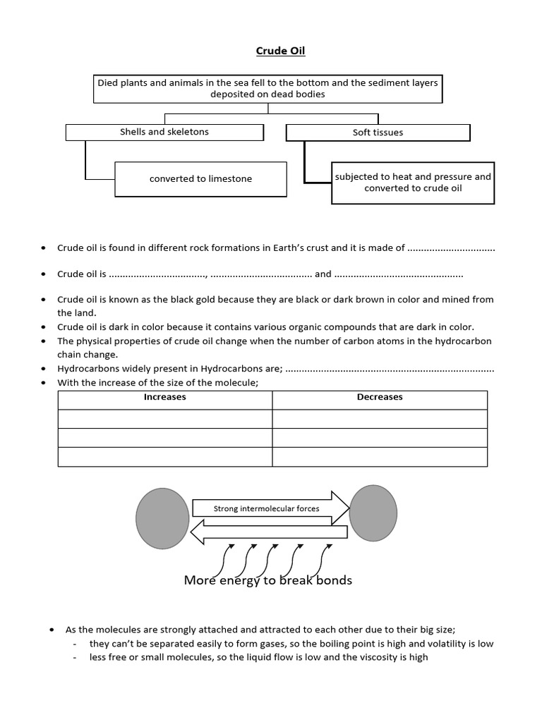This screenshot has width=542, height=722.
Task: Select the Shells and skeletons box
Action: [164, 132]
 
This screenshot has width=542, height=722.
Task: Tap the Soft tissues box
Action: [378, 133]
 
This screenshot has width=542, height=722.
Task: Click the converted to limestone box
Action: [200, 179]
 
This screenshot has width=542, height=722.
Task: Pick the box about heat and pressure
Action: [413, 183]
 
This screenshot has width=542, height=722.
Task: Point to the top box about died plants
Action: [267, 88]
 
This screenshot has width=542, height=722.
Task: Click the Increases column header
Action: [164, 398]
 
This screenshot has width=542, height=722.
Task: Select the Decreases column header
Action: [380, 398]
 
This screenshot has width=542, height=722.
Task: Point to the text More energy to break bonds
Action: [267, 581]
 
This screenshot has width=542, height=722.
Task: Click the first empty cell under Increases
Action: [164, 419]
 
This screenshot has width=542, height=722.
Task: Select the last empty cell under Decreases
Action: [380, 457]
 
